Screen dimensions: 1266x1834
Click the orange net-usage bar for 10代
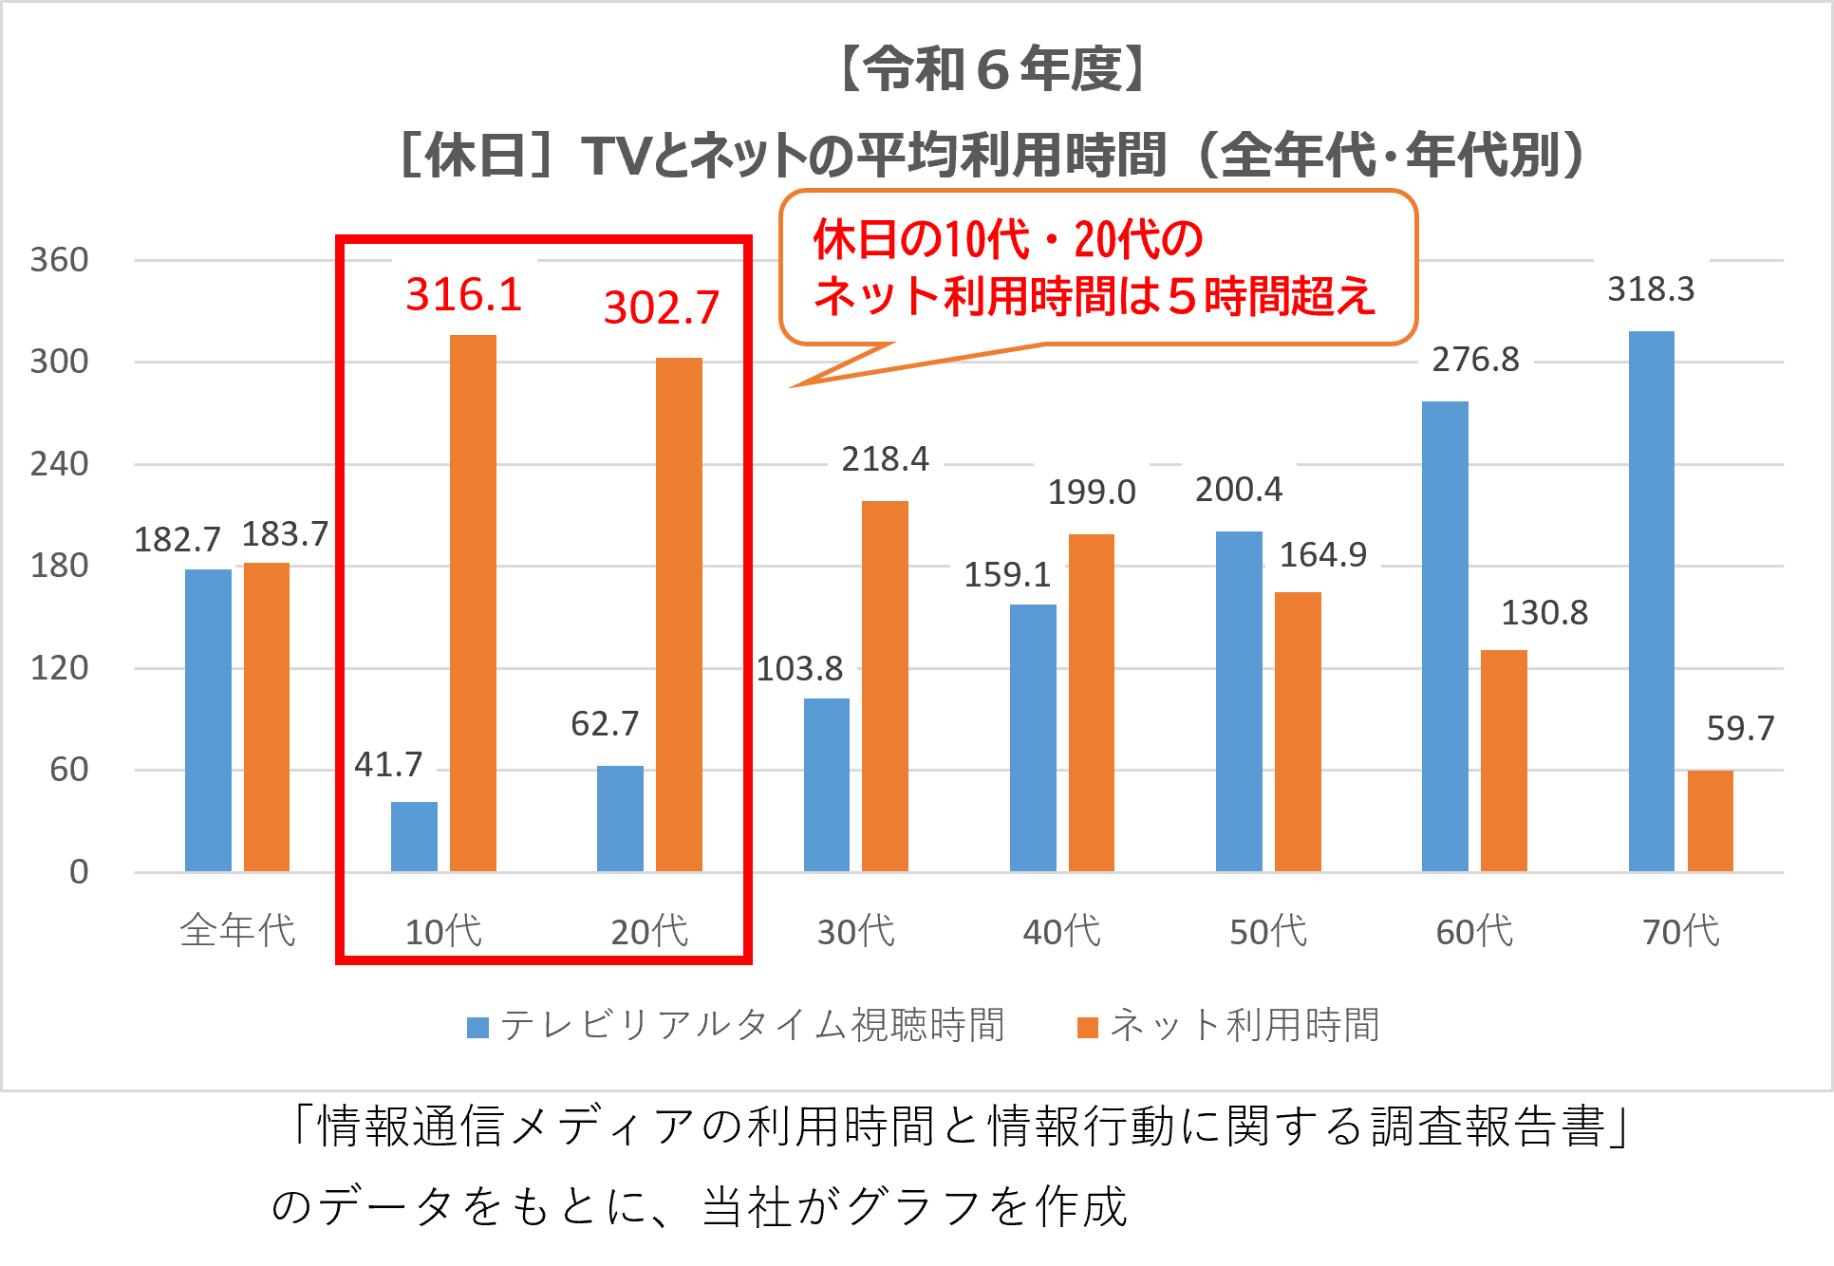(473, 603)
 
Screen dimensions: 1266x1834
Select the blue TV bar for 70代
(1651, 601)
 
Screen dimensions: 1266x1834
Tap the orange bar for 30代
(885, 685)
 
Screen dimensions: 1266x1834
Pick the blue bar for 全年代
(208, 719)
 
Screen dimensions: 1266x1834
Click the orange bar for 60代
(1504, 760)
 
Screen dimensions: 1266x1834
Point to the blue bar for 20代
(620, 818)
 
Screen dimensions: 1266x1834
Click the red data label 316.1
(464, 294)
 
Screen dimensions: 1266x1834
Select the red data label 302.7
(662, 307)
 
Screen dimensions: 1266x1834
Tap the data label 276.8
(1475, 360)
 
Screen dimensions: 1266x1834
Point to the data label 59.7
(1740, 728)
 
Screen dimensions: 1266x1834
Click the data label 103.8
(799, 669)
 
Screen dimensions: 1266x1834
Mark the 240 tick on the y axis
(59, 464)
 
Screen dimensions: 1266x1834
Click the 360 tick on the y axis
(59, 260)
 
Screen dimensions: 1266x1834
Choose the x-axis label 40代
(1061, 932)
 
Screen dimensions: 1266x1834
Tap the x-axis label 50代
(1268, 932)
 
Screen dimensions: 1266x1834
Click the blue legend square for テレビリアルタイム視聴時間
(477, 1027)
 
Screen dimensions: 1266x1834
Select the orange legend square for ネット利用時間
(1088, 1027)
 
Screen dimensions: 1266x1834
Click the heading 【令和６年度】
(994, 69)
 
